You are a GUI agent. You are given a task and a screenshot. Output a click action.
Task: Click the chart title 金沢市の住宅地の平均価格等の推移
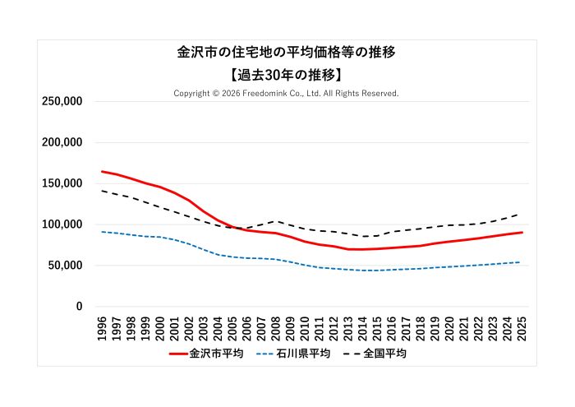point(287,52)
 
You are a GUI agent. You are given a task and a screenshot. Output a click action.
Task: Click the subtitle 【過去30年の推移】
point(287,74)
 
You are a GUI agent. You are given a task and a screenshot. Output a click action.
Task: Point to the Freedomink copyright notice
point(287,94)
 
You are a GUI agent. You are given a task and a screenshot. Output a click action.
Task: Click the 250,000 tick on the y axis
point(62,101)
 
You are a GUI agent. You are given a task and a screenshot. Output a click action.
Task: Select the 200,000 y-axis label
point(62,142)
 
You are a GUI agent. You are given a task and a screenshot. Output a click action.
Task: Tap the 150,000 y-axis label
point(62,183)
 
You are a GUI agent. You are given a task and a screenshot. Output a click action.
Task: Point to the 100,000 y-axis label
point(62,224)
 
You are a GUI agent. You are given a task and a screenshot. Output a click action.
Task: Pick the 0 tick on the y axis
point(79,307)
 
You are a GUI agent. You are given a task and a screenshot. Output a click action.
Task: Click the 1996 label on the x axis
point(102,326)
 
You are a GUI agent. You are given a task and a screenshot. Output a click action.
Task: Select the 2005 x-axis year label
point(232,326)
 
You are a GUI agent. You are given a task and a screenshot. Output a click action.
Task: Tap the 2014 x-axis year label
point(363,326)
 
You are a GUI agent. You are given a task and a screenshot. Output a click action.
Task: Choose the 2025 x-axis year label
point(522,326)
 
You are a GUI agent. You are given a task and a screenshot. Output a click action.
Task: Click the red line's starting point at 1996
point(102,171)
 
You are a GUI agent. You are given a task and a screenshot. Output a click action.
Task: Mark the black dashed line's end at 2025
point(522,213)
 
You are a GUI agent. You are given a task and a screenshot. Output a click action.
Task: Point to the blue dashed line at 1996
point(102,231)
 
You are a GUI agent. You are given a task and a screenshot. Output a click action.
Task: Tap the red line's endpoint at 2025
point(522,233)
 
